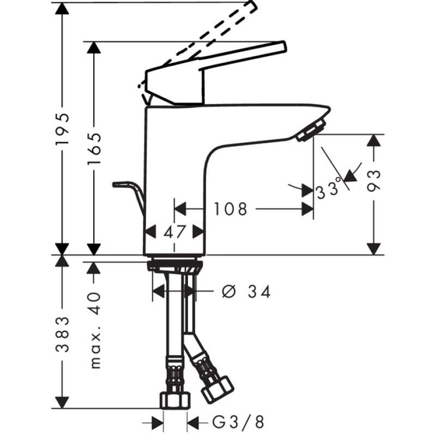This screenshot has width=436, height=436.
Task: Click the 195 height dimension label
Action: pyautogui.click(x=64, y=129)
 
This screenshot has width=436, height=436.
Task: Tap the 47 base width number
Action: pyautogui.click(x=174, y=232)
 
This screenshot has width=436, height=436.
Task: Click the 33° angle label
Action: pyautogui.click(x=329, y=190)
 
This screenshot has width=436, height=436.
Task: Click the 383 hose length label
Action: pyautogui.click(x=64, y=334)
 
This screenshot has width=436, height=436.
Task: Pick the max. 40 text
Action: pyautogui.click(x=95, y=330)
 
